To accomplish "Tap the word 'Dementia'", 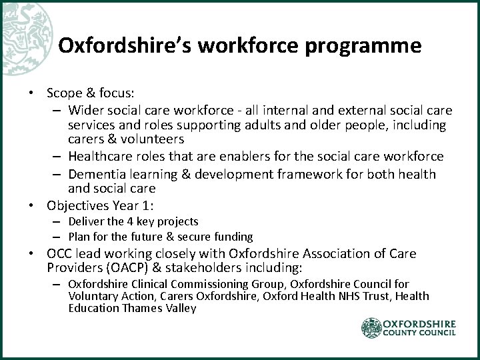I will [x=105, y=174].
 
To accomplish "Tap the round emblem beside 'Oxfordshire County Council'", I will [x=371, y=327].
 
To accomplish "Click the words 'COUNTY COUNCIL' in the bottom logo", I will [x=419, y=334].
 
